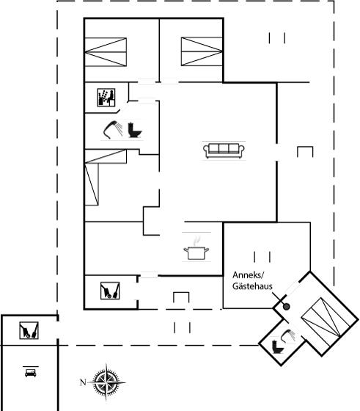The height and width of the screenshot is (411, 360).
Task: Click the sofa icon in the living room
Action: coord(224,150)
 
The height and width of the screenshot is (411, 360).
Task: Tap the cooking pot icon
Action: coord(196,253)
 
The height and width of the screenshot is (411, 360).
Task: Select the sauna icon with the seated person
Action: coord(106,98)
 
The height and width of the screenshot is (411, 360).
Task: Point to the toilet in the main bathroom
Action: coord(135,131)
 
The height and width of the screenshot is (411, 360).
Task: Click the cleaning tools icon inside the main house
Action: coord(110,291)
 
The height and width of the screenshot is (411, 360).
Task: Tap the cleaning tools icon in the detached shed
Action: coord(29,330)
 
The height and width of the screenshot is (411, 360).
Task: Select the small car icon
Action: coord(30,373)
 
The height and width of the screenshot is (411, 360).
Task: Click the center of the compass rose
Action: coord(106,382)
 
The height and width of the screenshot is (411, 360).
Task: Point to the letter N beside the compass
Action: coord(83,382)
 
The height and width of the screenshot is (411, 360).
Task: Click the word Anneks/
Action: coord(249,275)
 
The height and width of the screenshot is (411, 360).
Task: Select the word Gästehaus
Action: coord(252,286)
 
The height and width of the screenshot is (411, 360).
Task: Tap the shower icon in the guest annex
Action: coord(288,336)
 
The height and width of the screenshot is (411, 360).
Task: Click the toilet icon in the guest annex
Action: coord(278,346)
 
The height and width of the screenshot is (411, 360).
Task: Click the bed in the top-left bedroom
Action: coord(106,52)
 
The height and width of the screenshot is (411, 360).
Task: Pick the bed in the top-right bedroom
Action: coord(202,51)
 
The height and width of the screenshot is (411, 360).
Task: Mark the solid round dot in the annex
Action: coord(287,307)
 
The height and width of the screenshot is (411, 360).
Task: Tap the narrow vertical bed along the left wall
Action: coord(92,184)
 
